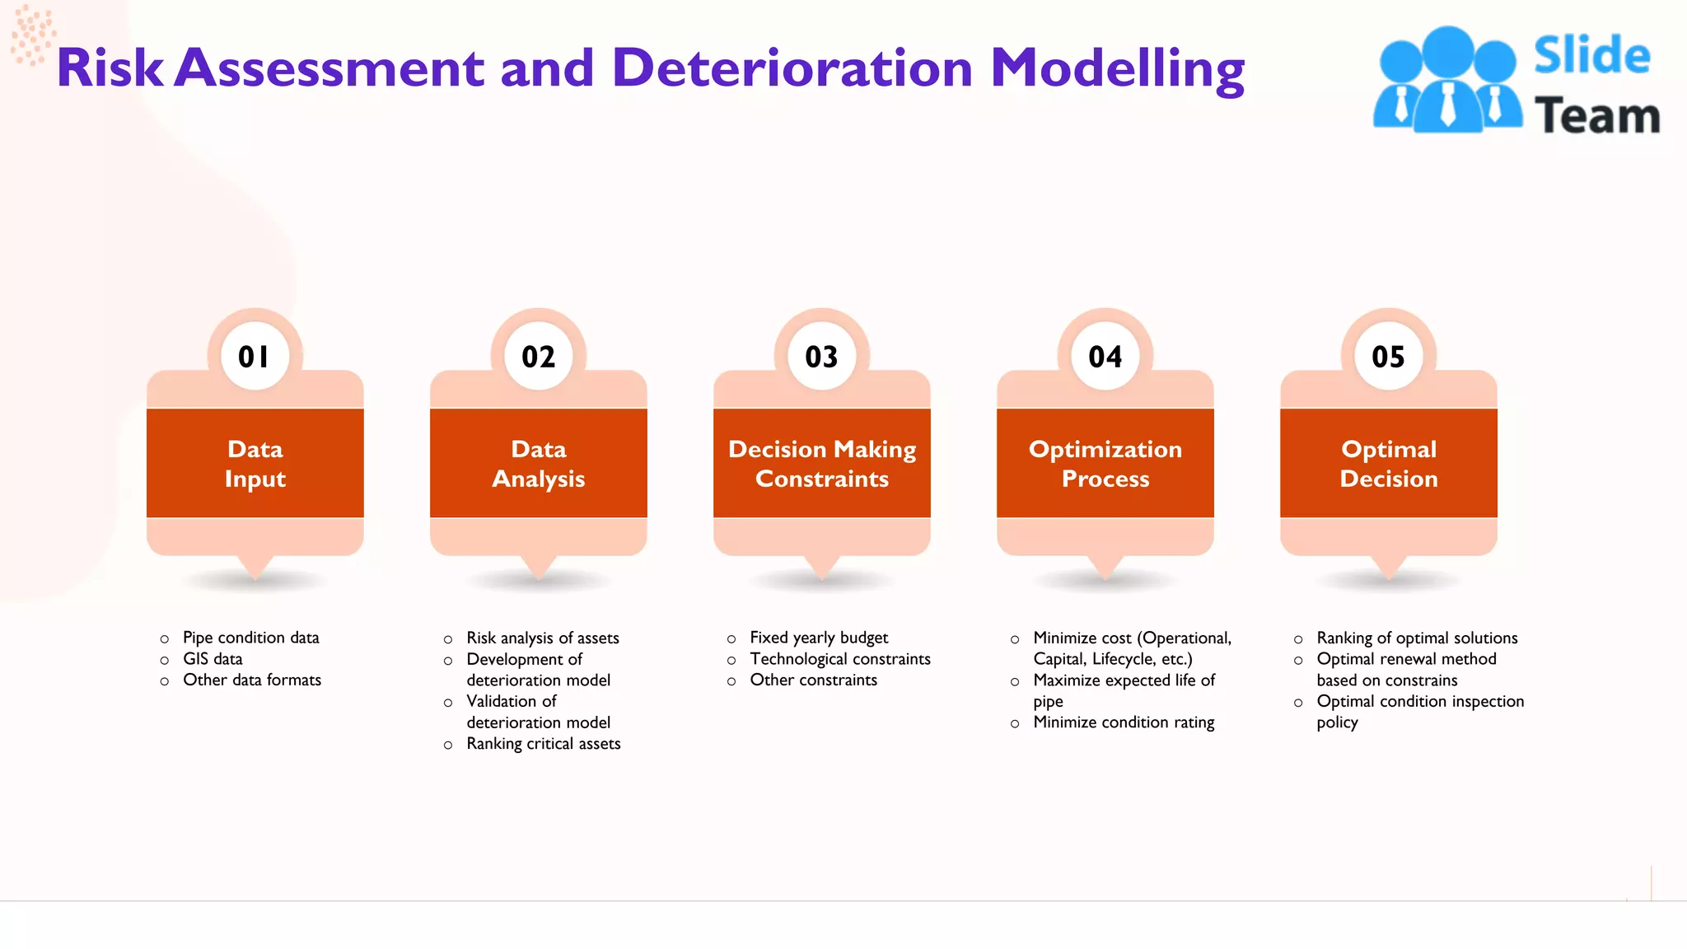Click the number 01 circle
click(255, 356)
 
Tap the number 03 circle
click(821, 356)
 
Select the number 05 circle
click(1388, 356)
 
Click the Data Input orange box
click(255, 463)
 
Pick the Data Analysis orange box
click(538, 463)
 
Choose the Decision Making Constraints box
click(821, 463)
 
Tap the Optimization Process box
click(1105, 463)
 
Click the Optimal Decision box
click(1388, 463)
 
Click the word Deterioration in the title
click(792, 68)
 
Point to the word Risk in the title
click(109, 68)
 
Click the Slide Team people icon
click(1447, 81)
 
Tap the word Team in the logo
click(1596, 115)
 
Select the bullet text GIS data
click(213, 659)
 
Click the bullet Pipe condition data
click(250, 638)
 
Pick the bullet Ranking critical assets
click(543, 744)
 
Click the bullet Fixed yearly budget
click(818, 638)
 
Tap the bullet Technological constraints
click(839, 659)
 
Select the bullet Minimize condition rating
click(1124, 722)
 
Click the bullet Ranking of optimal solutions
click(1416, 638)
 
